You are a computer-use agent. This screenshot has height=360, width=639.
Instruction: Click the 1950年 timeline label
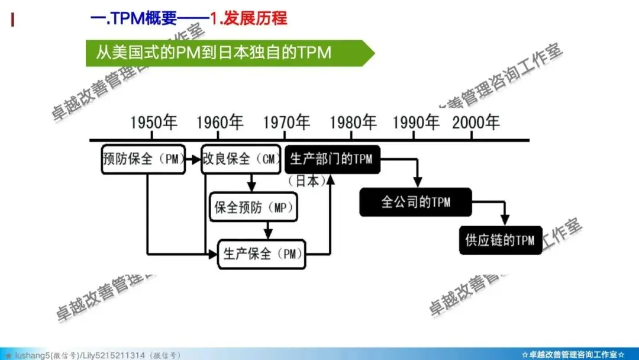154,123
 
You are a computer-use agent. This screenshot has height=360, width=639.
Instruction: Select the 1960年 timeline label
220,123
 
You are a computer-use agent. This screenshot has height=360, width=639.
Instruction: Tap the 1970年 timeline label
286,123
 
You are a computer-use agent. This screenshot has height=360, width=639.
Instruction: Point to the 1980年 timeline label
353,123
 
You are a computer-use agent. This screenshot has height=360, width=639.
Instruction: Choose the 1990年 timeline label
416,123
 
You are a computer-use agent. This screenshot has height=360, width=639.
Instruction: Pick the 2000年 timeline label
476,123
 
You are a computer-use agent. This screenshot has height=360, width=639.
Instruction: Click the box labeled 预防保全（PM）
143,159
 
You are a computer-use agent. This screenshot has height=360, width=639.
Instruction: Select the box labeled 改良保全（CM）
241,159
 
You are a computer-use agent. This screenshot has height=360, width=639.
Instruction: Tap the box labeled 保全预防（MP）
253,208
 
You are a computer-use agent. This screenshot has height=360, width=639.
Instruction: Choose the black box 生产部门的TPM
332,159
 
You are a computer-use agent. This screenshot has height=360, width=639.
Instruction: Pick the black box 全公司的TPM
415,202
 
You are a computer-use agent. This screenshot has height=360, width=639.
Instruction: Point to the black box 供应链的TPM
501,240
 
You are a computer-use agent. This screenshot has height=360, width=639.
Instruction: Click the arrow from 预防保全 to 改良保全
193,159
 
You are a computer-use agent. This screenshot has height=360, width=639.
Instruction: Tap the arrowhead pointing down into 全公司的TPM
418,183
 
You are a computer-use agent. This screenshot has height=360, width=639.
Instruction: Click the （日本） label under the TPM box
306,181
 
